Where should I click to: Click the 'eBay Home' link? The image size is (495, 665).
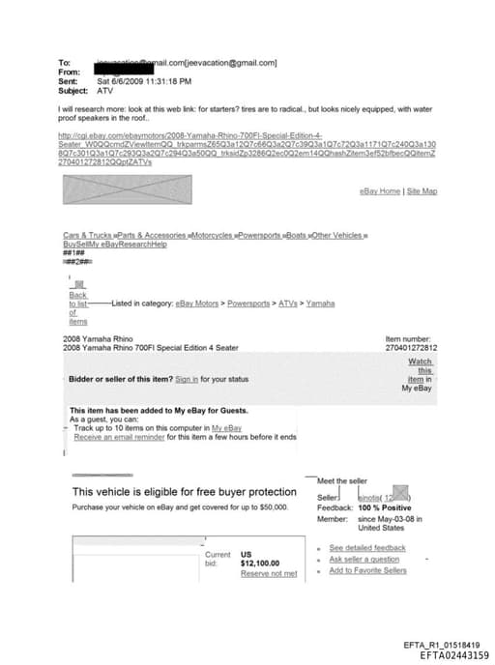click(x=380, y=191)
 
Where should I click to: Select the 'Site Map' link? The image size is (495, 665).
click(x=422, y=191)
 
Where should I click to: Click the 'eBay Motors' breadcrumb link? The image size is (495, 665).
click(x=200, y=304)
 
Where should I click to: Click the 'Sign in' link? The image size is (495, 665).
click(x=187, y=379)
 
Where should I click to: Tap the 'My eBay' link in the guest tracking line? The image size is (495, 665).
click(x=226, y=427)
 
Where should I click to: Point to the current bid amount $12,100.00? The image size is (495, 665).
click(x=260, y=563)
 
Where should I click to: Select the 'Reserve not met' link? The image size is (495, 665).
click(x=269, y=574)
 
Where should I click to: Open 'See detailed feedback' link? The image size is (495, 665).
click(x=367, y=548)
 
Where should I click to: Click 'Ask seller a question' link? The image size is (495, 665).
click(x=364, y=560)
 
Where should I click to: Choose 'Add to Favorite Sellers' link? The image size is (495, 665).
click(x=367, y=571)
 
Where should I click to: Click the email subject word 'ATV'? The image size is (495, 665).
click(x=105, y=90)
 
